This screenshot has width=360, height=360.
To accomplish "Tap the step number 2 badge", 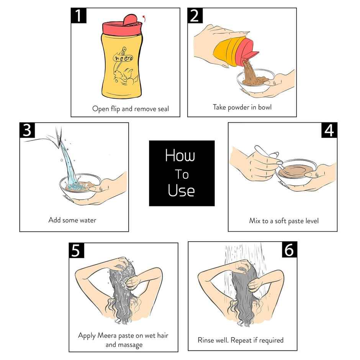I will (195, 16).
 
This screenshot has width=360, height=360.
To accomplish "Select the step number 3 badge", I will (27, 131).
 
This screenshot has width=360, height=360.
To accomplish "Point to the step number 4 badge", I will (329, 131).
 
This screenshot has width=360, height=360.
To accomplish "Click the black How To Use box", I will (182, 173).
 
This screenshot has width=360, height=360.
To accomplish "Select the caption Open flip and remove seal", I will (130, 109).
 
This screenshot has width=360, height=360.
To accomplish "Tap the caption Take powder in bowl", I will (242, 107).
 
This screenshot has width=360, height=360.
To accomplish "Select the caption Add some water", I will (72, 220).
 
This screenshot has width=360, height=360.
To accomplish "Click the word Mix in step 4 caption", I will (254, 221).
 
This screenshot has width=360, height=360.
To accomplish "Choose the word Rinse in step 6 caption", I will (207, 340).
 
